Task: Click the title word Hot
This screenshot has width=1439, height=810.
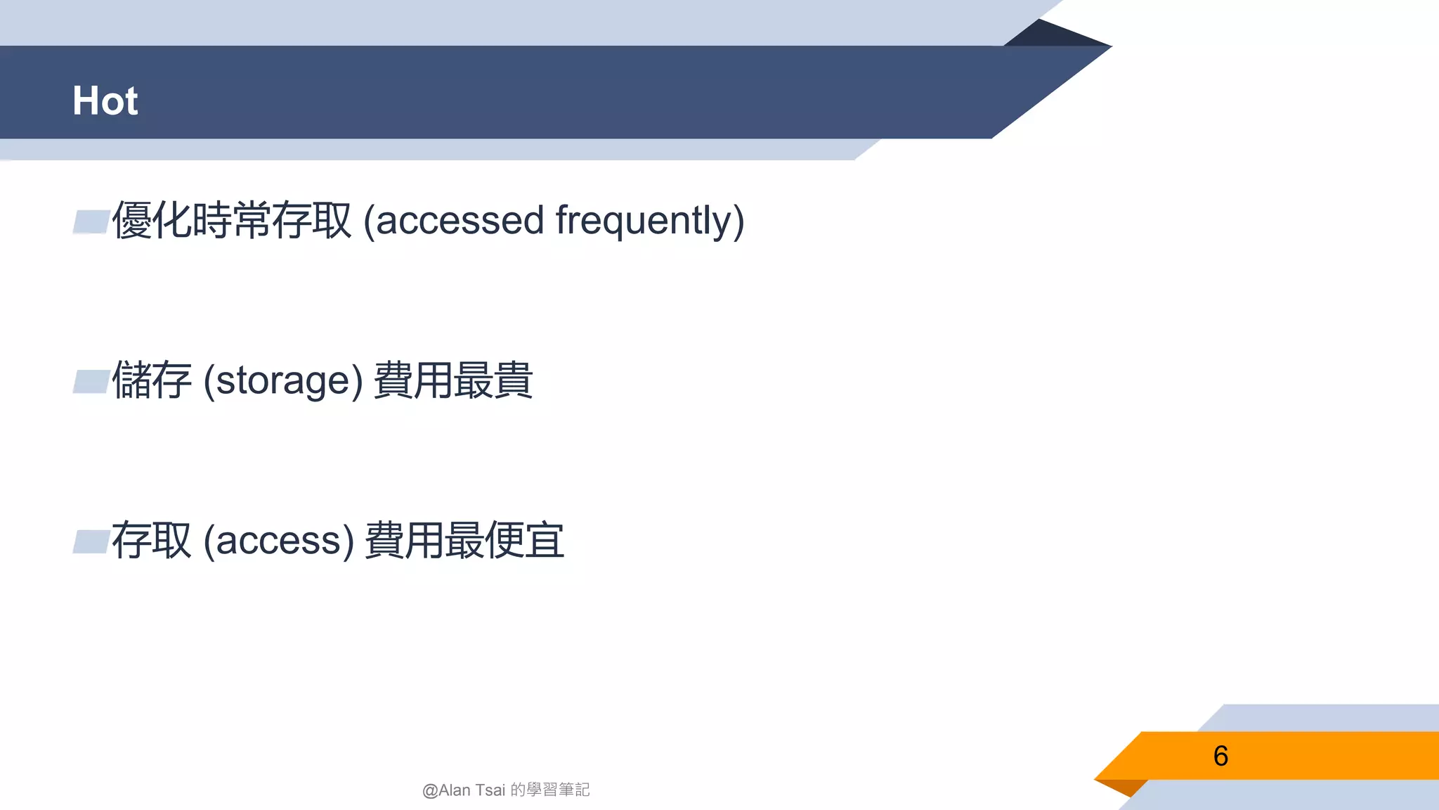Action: coord(105,101)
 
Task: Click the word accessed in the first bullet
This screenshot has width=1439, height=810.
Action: coord(460,220)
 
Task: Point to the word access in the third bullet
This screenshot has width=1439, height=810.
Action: coord(278,541)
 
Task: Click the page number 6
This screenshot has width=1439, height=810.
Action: coord(1220,756)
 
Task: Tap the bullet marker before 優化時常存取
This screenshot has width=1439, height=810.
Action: coord(91,221)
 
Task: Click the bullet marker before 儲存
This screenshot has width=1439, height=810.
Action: coord(91,382)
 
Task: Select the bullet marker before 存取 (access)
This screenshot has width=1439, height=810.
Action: coord(91,542)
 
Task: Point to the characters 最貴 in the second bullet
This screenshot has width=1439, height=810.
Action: coord(493,380)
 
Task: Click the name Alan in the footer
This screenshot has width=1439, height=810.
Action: coord(455,790)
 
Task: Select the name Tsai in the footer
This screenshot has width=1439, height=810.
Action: coord(490,790)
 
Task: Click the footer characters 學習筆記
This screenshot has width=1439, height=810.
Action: coord(559,790)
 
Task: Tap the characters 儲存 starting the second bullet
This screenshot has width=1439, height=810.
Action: coord(152,380)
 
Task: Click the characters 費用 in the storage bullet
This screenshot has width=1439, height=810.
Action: coord(413,380)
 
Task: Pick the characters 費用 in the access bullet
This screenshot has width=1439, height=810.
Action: coord(405,541)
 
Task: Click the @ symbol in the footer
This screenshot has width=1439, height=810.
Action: coord(430,791)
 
